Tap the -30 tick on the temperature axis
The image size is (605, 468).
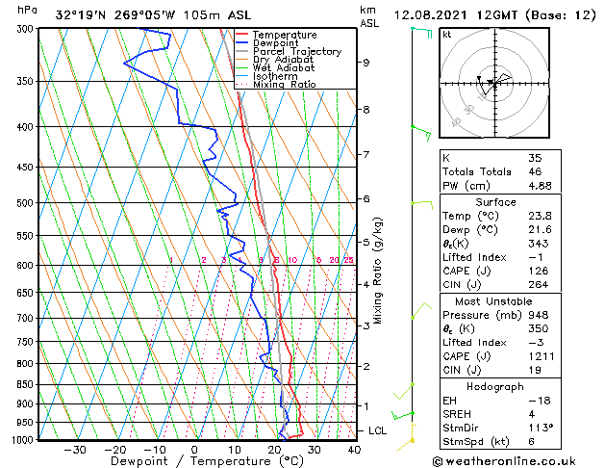tap(75, 449)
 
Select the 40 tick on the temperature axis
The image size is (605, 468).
tap(353, 449)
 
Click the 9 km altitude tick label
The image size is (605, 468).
tap(366, 63)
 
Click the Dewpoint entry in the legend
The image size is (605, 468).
tap(278, 43)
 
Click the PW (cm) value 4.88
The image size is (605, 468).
tap(540, 187)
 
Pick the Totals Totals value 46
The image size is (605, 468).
tap(534, 172)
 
